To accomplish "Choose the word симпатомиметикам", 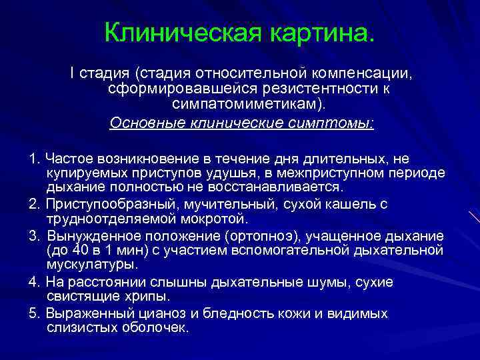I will click(x=246, y=105).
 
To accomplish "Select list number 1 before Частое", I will click(x=34, y=159).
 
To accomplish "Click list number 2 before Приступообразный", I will click(x=34, y=204).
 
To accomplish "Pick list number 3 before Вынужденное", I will click(x=34, y=237).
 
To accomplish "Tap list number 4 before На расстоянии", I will click(x=34, y=282).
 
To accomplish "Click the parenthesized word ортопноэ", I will click(x=260, y=237).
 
